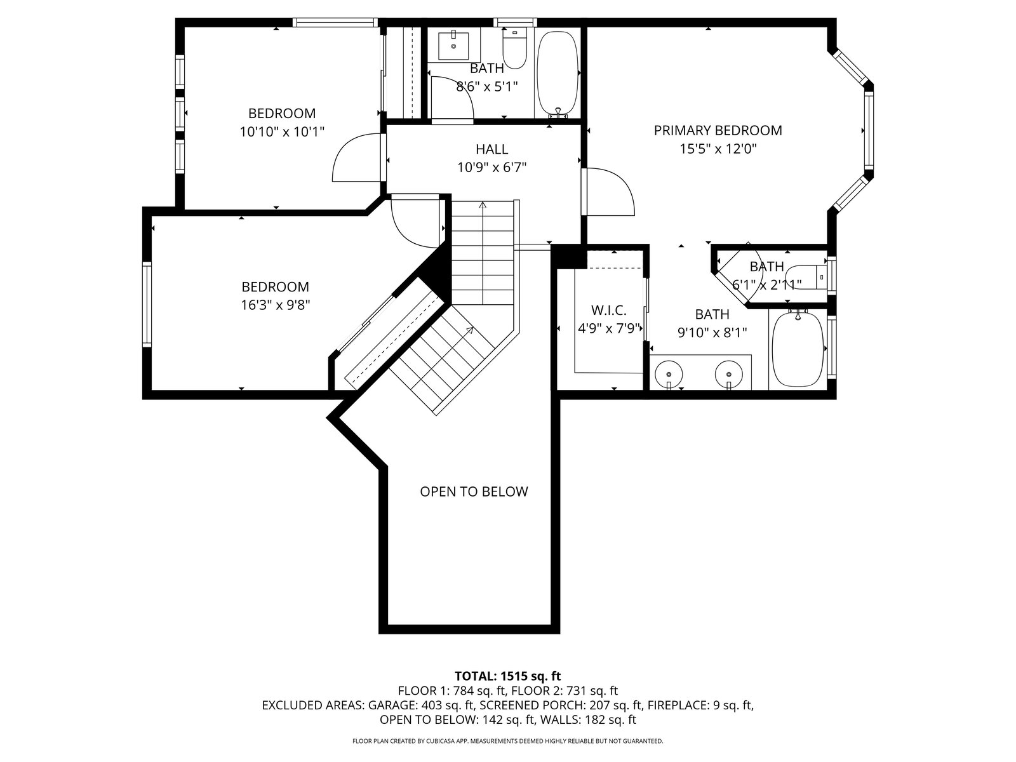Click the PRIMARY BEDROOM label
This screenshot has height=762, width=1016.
[x=718, y=130]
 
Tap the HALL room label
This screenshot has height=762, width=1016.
[x=492, y=149]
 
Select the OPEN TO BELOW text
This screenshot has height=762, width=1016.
[x=474, y=491]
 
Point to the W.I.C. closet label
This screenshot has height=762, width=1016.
[x=609, y=310]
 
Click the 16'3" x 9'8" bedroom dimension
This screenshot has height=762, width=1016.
[x=276, y=305]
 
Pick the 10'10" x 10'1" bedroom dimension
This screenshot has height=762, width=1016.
[x=282, y=132]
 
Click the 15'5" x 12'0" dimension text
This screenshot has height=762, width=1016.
[x=718, y=149]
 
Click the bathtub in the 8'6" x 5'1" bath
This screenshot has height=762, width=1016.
[x=558, y=74]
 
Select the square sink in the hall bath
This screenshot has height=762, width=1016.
[x=453, y=45]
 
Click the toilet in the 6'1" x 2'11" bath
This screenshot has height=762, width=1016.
[x=805, y=277]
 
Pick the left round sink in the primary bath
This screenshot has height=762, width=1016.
[x=669, y=373]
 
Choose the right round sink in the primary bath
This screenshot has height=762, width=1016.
[x=729, y=373]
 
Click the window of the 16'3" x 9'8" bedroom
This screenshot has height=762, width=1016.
[x=147, y=304]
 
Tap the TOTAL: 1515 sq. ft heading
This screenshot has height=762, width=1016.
[x=508, y=676]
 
